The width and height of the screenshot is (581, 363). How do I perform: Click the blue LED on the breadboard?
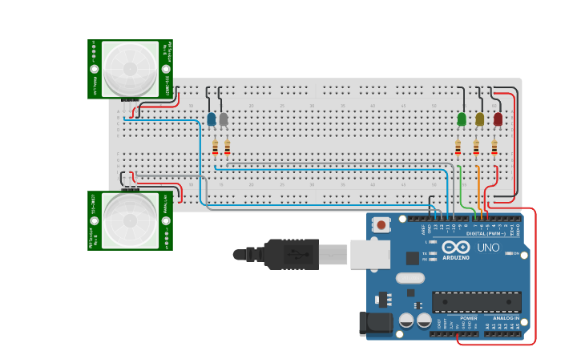(212, 119)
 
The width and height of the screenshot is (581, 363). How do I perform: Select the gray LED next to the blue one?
(224, 119)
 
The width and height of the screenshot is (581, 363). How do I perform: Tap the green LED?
(462, 119)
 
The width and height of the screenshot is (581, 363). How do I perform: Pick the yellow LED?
(480, 119)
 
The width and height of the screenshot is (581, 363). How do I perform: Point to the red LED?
(498, 119)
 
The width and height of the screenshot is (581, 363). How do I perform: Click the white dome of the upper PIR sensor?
(130, 67)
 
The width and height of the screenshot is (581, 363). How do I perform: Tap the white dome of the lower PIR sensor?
(130, 220)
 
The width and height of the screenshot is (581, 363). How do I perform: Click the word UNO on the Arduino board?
(489, 247)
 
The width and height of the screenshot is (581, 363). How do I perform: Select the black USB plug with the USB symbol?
(292, 254)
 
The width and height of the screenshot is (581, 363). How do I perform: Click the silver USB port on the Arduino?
(369, 254)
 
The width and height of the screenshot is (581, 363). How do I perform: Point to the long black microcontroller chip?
(476, 302)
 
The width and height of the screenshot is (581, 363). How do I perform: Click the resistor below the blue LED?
(215, 147)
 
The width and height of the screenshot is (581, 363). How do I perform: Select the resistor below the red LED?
(494, 147)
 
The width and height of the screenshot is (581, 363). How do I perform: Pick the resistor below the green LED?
(458, 147)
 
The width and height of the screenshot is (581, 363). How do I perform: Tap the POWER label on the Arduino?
(469, 317)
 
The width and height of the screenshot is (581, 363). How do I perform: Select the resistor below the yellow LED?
(476, 147)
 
